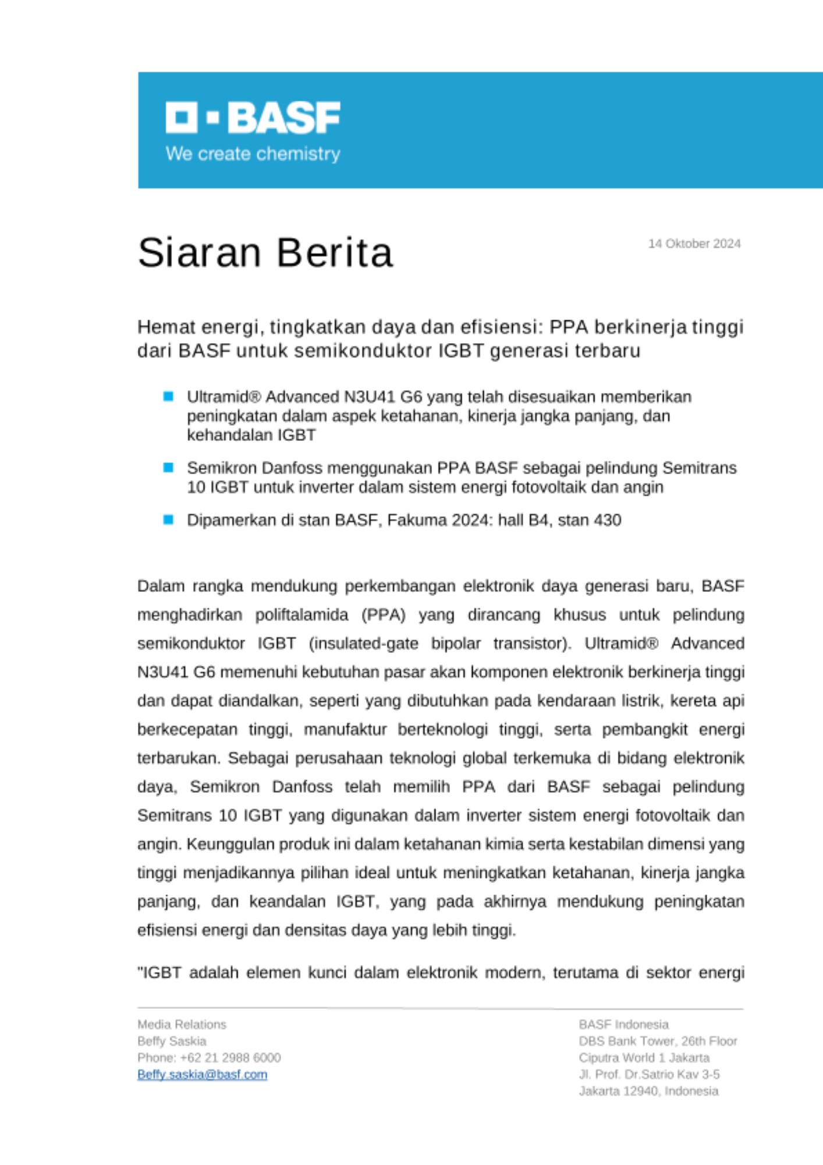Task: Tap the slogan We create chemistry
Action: point(253,154)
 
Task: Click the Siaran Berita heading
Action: point(265,252)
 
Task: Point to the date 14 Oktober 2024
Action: point(694,243)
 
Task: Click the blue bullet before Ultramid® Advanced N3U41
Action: point(169,397)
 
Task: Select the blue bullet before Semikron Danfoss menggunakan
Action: point(169,467)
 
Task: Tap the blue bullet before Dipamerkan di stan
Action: point(169,520)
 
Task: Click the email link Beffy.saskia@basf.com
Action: point(202,1074)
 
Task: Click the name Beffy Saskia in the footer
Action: point(172,1041)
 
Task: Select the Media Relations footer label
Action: point(182,1024)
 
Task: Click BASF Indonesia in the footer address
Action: point(623,1024)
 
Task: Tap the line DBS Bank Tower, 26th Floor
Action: point(658,1041)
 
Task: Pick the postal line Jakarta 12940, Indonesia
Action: point(648,1091)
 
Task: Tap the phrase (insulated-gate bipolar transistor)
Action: point(440,643)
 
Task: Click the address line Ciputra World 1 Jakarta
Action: point(644,1057)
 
